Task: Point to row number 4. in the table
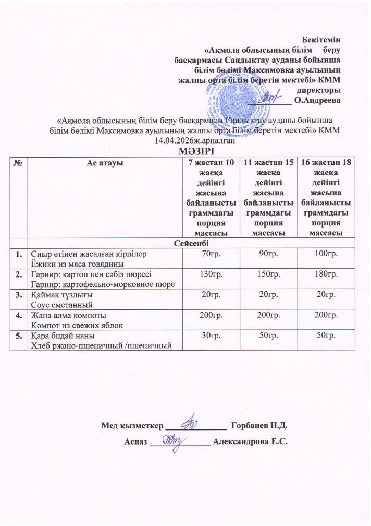tap(19, 316)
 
